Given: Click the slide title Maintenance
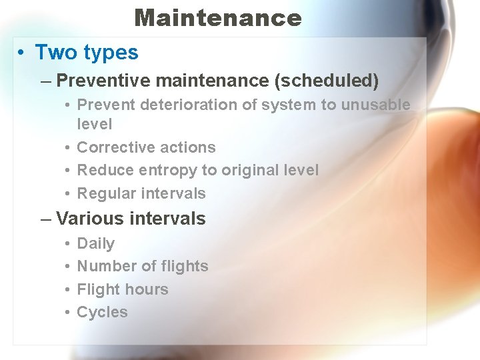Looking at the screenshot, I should pos(218,17).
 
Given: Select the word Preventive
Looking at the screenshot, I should pos(102,81).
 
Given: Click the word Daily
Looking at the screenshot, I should pos(96,243).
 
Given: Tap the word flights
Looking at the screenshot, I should pos(185,266).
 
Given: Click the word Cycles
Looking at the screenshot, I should pos(102,312).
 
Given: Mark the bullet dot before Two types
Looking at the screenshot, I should pos(22,53).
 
